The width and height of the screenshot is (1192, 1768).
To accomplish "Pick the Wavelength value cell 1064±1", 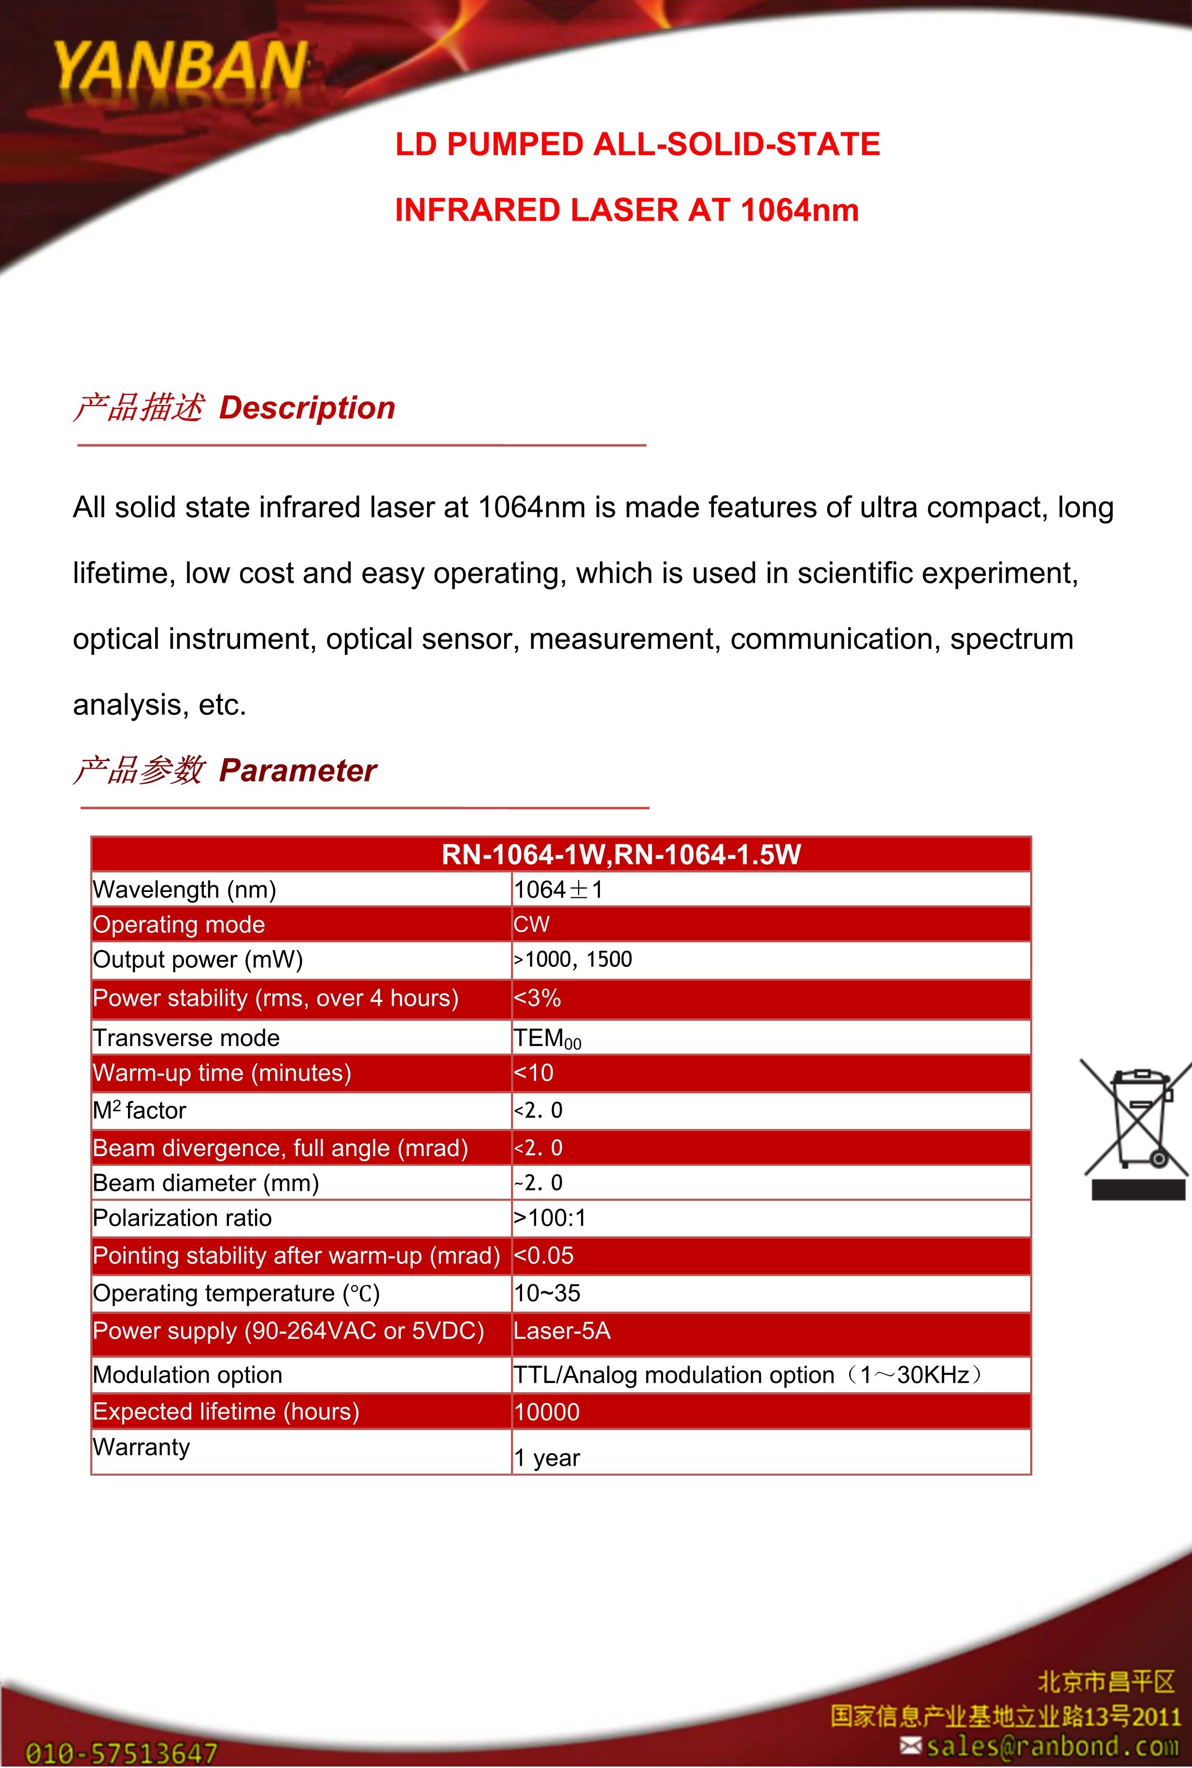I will point(559,890).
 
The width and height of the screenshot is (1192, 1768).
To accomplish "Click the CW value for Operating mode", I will point(531,924).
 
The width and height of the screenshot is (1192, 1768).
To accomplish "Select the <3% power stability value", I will point(538,998).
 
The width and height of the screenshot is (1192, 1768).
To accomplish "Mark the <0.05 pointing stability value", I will point(543,1256).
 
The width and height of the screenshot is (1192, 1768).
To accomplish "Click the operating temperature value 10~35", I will point(547,1293).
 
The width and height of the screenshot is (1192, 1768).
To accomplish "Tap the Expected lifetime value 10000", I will point(547,1412).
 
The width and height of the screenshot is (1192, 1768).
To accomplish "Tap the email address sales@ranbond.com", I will point(1051,1746).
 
